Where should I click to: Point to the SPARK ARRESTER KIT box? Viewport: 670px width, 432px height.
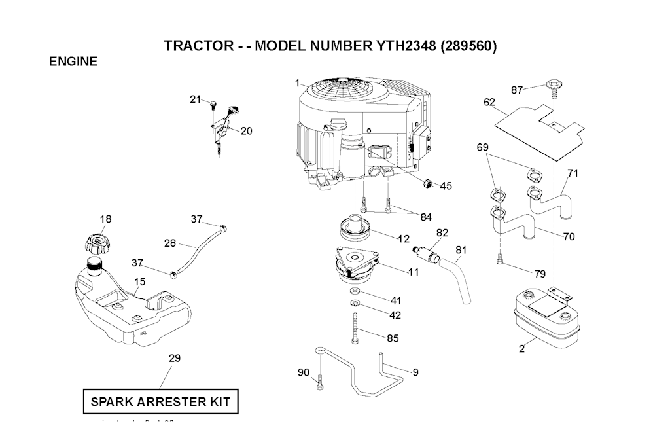click(160, 401)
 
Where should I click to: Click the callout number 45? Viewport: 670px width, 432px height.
click(446, 186)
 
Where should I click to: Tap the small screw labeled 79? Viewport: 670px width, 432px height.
click(500, 262)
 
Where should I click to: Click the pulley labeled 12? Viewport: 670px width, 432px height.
click(354, 230)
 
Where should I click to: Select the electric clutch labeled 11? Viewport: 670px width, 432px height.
click(357, 264)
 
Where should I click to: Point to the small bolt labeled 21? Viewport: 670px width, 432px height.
click(214, 103)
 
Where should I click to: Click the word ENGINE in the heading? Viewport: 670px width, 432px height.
click(73, 62)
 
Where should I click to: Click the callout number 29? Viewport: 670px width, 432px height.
click(175, 358)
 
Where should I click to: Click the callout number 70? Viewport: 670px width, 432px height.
click(569, 237)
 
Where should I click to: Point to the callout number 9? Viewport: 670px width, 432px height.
click(415, 372)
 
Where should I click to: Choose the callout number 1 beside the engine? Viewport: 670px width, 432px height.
click(296, 83)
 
